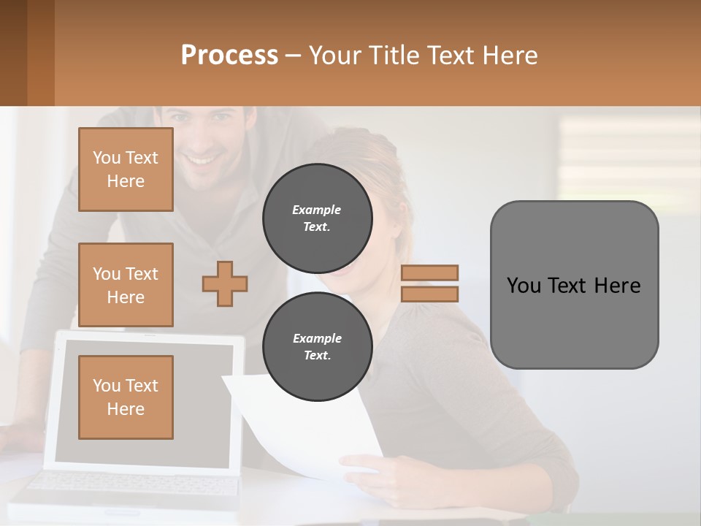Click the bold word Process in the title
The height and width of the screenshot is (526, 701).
(229, 56)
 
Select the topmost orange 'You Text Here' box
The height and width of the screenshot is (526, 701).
(126, 169)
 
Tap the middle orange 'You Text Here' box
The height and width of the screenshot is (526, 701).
(126, 285)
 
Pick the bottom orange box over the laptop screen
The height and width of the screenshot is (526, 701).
(126, 397)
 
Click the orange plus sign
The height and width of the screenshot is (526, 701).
(225, 283)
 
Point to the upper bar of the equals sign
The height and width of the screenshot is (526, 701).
(430, 272)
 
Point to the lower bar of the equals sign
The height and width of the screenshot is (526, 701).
(430, 294)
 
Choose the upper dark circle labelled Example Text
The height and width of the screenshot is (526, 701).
(318, 218)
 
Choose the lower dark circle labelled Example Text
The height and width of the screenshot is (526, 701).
(318, 346)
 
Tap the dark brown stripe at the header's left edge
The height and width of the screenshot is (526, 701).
(13, 53)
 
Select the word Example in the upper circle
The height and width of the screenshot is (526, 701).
(316, 210)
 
